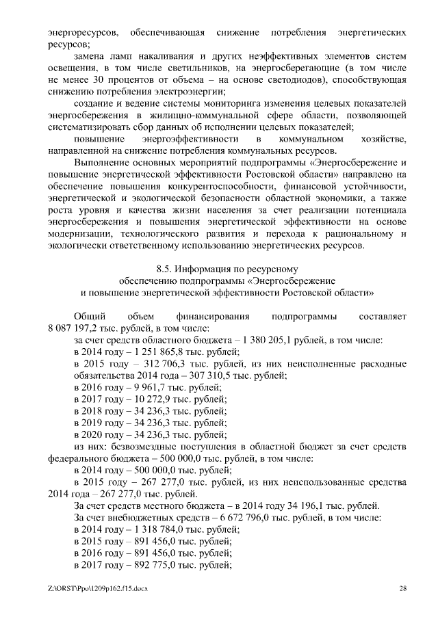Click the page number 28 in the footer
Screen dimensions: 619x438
point(403,588)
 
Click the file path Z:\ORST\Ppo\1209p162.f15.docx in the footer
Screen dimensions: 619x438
point(99,588)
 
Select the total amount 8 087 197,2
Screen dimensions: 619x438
point(73,328)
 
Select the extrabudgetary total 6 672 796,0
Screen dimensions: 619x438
point(237,518)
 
